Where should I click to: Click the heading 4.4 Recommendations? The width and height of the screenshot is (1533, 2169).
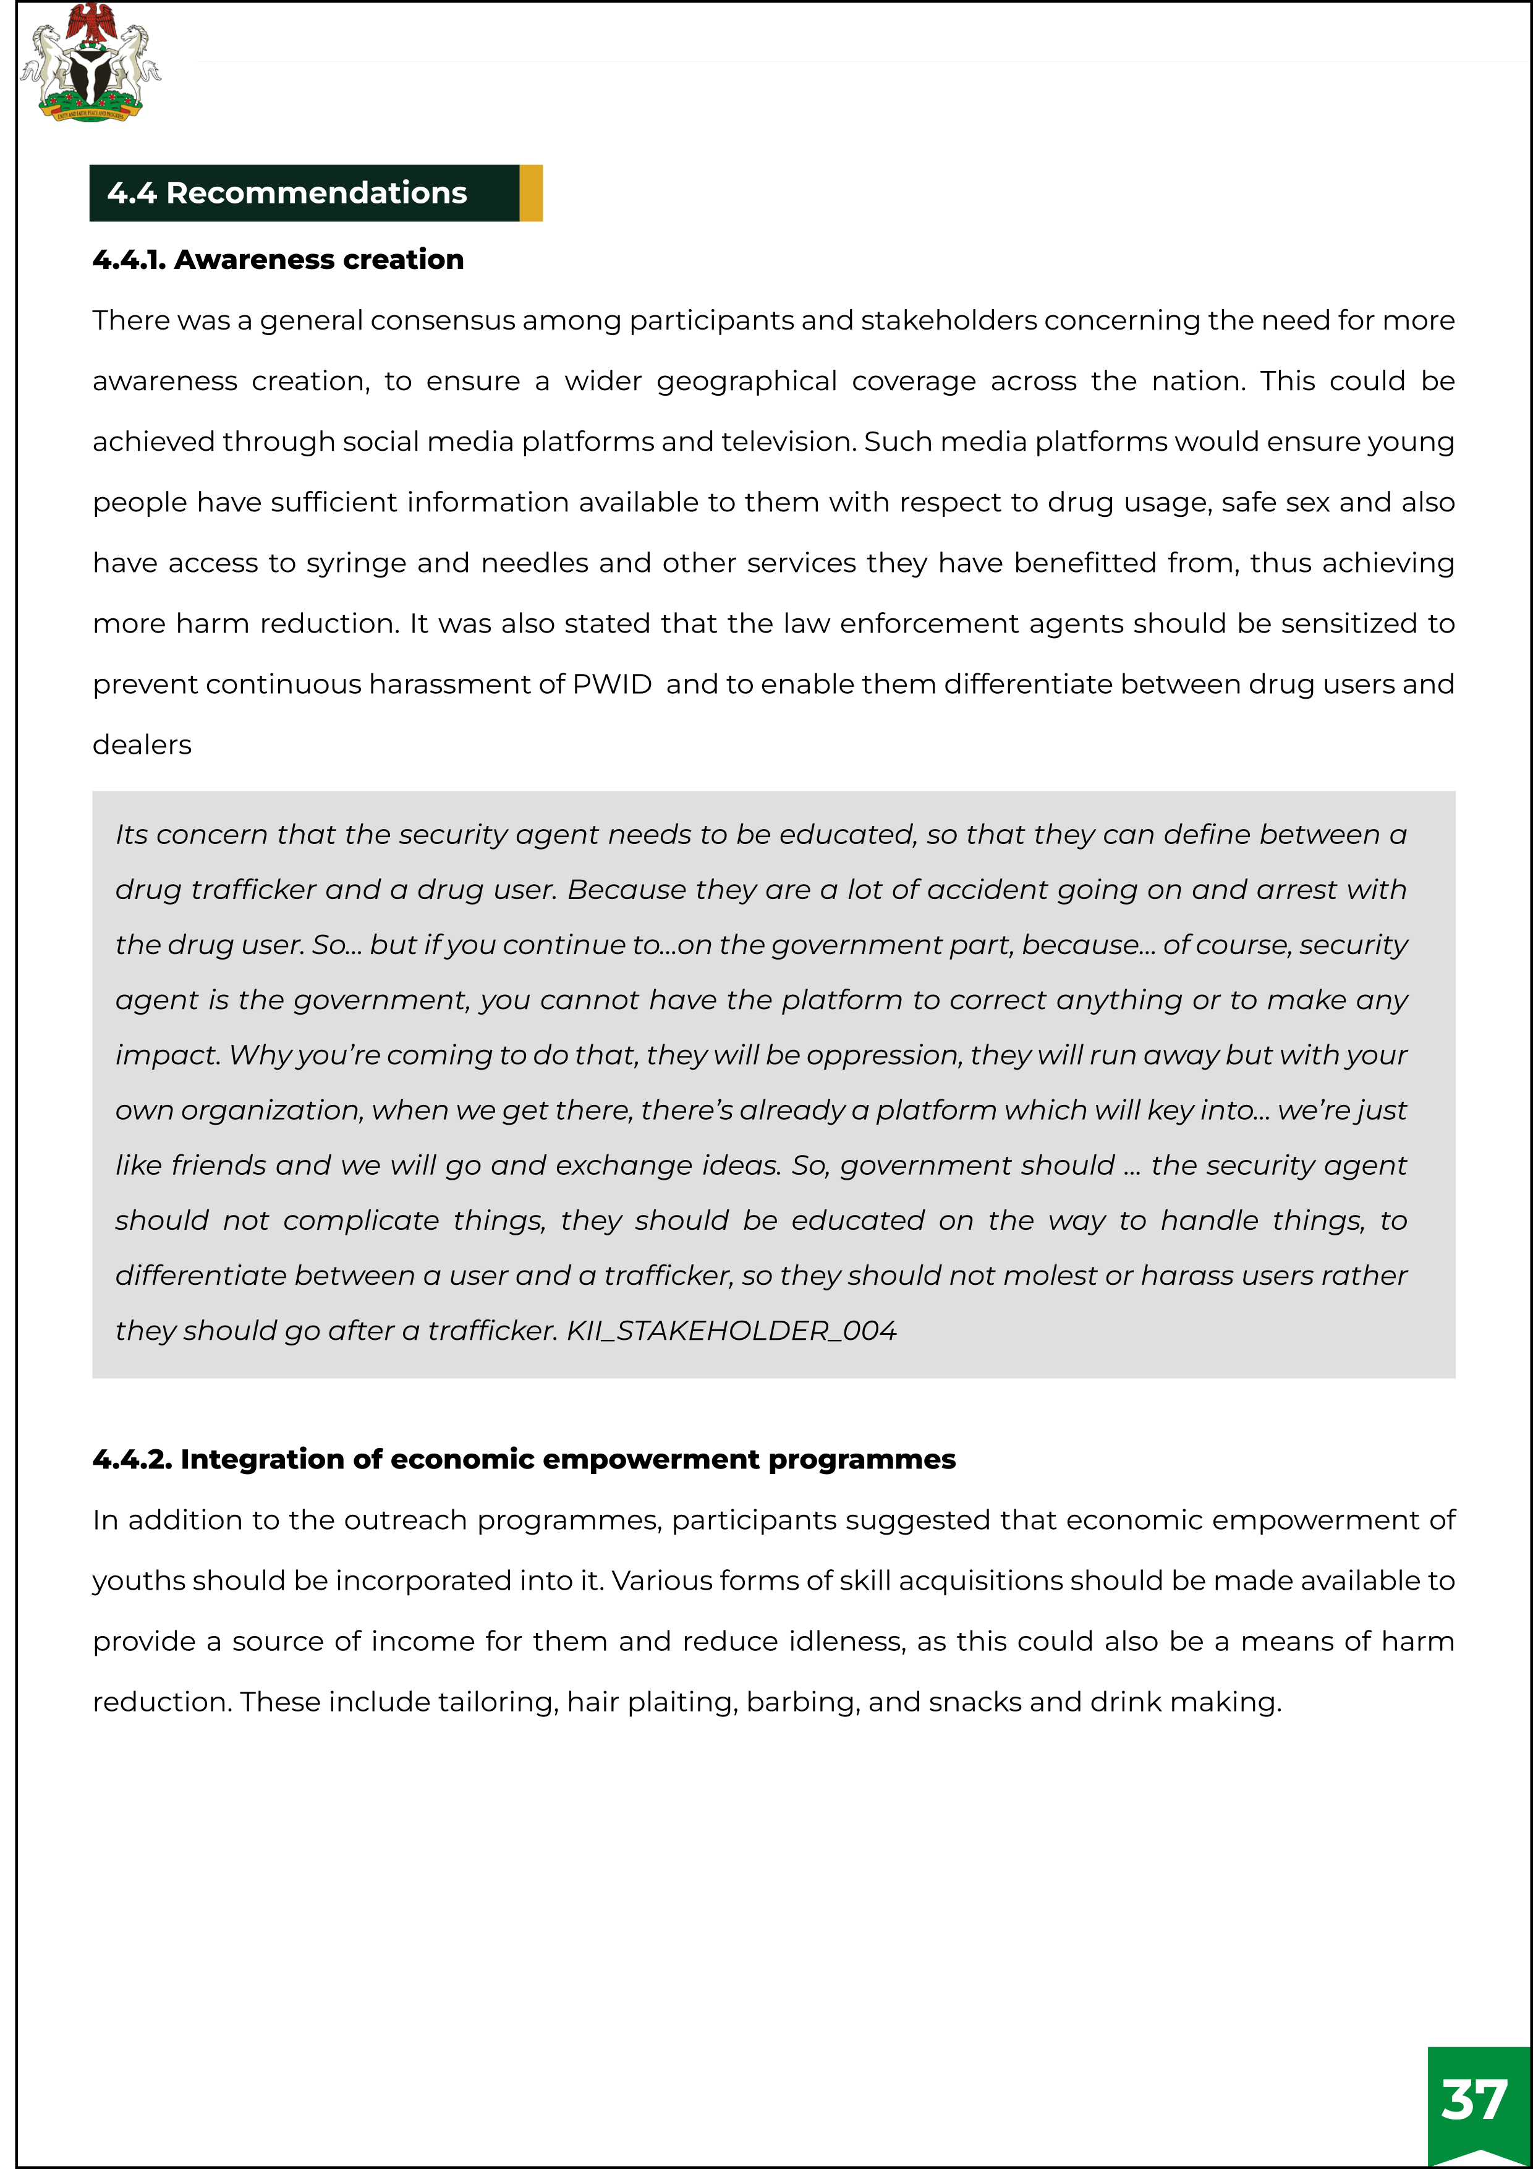click(x=287, y=193)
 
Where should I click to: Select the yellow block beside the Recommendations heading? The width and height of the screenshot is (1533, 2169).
click(x=531, y=193)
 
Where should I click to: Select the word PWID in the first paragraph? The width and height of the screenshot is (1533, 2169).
click(x=612, y=684)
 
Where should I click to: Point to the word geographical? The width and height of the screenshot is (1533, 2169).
click(x=746, y=381)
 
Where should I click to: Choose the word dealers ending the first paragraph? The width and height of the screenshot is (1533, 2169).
click(x=142, y=744)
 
